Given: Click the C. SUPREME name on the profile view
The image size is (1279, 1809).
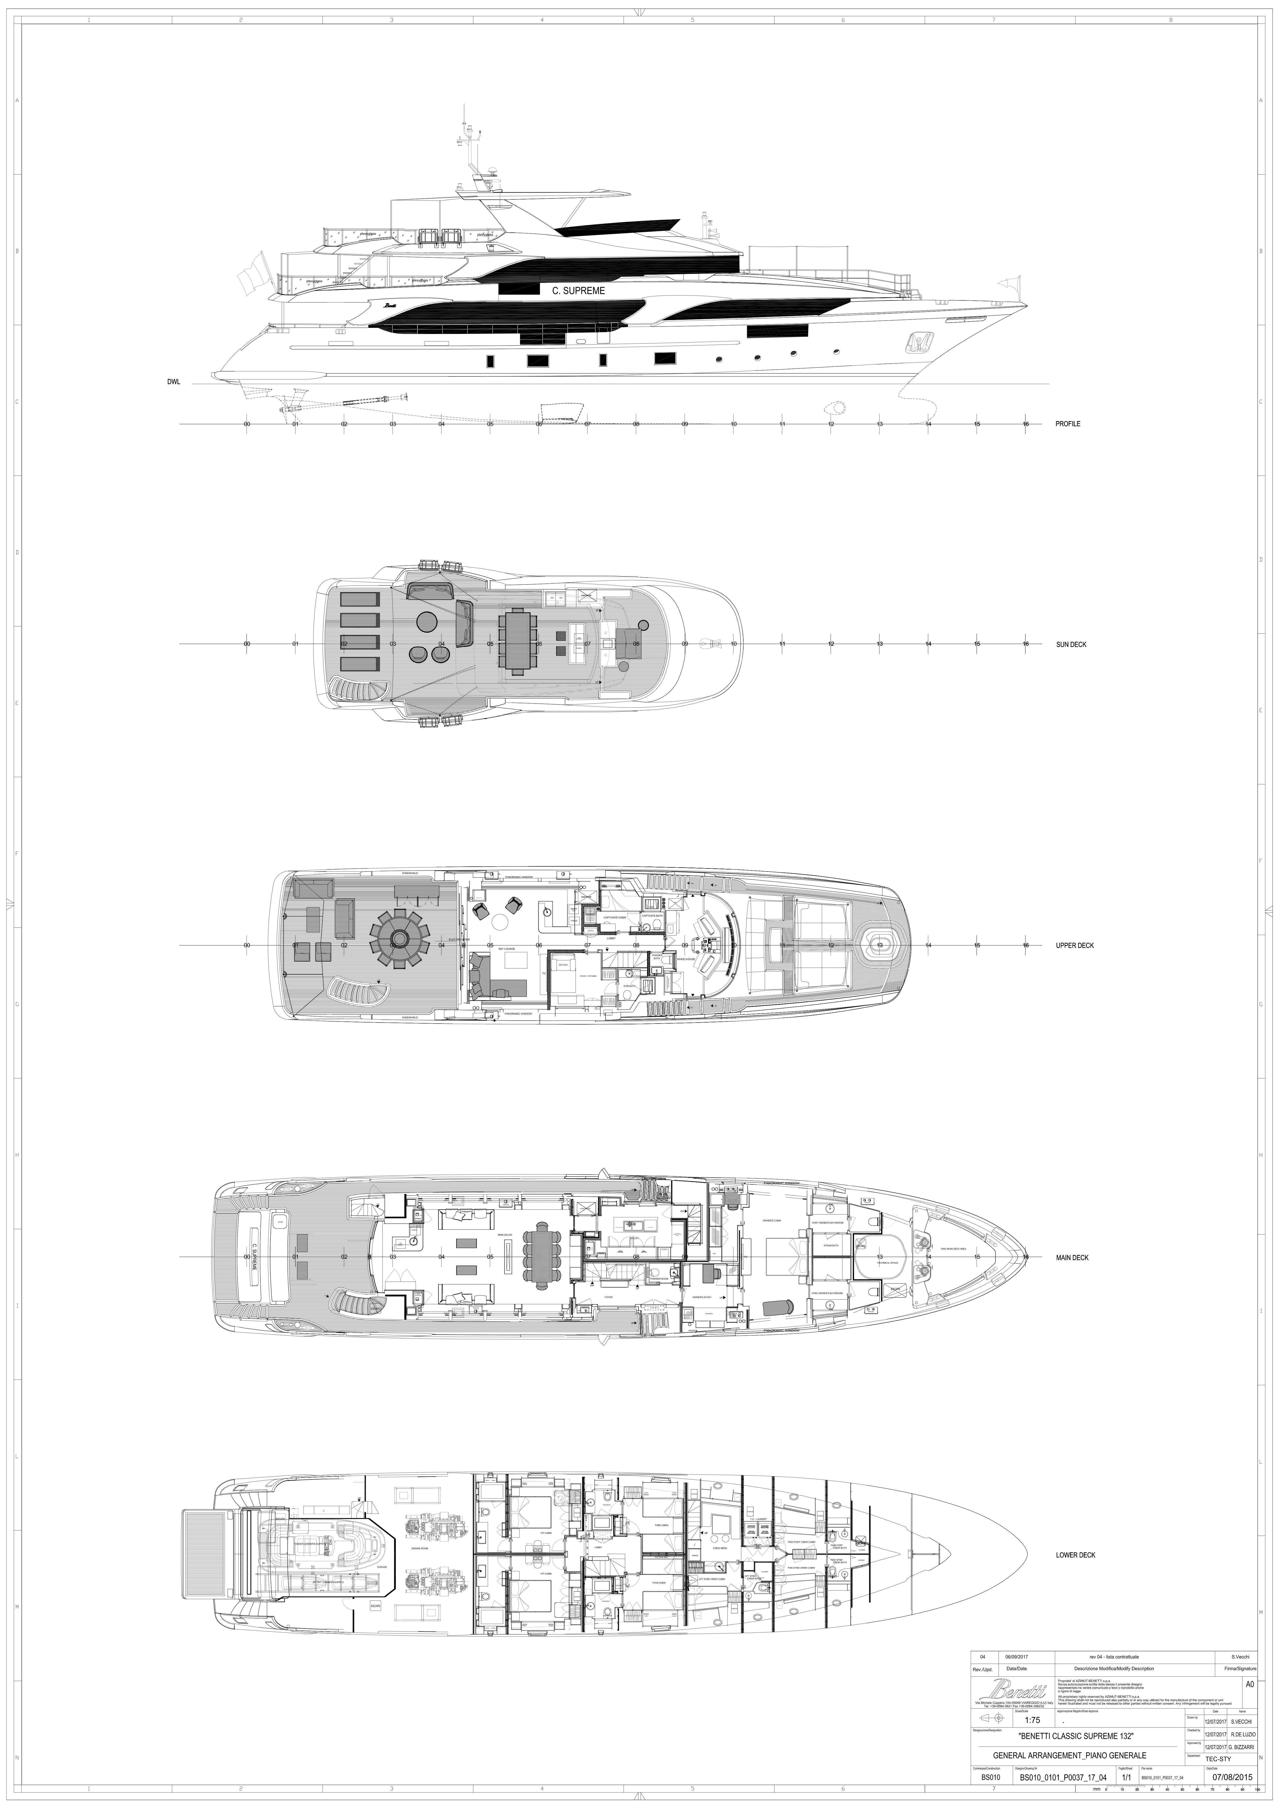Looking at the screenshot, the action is point(578,291).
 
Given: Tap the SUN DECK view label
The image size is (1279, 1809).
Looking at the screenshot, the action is point(1071,644).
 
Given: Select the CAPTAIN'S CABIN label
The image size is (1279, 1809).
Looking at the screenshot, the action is point(614,918).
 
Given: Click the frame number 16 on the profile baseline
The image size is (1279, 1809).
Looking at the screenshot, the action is point(1025,424).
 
